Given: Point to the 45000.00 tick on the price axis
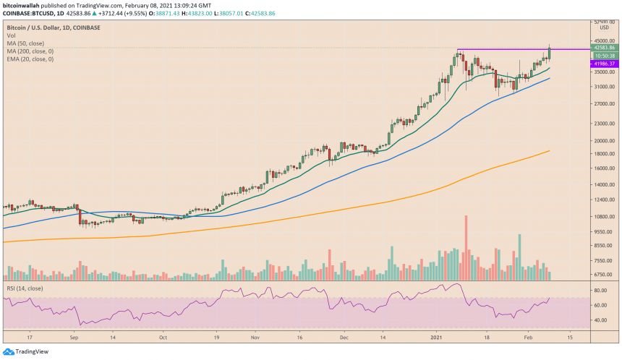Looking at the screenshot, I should [x=603, y=40].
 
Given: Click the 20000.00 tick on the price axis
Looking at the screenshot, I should [x=603, y=141].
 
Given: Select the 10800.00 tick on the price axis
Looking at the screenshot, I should [x=603, y=216].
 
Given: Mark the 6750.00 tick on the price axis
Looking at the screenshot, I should [x=603, y=274].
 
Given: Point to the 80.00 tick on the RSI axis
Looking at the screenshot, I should [x=600, y=291].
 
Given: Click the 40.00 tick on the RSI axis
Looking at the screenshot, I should [x=600, y=320].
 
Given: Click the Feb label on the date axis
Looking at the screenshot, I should [x=529, y=337].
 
